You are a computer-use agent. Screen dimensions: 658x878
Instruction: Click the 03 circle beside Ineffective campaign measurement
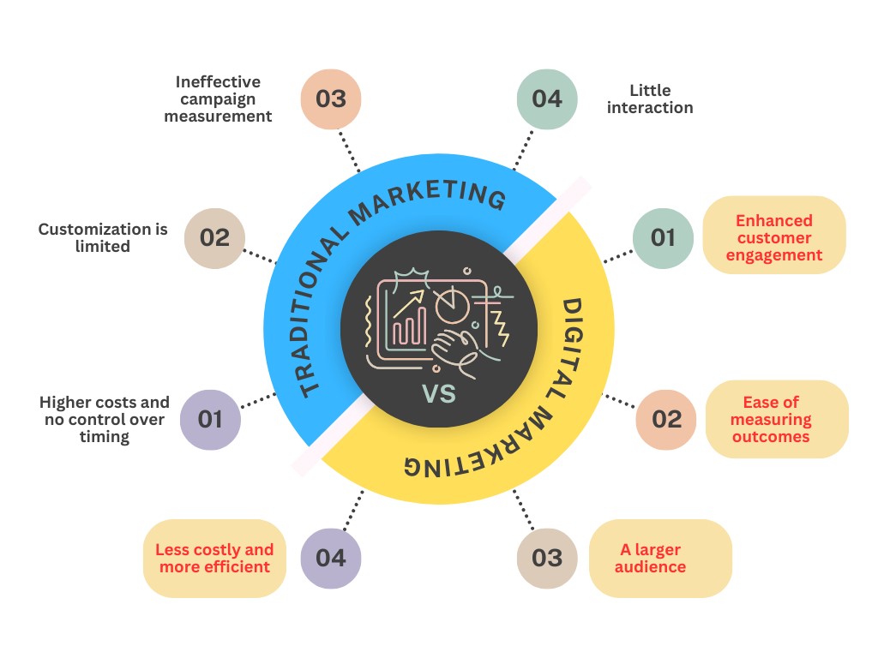(331, 99)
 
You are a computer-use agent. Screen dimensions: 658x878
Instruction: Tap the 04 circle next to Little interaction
(546, 99)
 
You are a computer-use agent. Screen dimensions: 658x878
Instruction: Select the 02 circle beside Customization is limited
(214, 237)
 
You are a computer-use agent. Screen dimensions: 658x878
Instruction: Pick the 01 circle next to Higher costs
(210, 419)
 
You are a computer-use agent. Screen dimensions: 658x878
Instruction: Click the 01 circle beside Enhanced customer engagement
(663, 237)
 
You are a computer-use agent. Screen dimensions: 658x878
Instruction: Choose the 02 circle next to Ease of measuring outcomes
(666, 419)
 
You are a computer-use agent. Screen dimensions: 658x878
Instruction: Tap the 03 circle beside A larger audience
(546, 558)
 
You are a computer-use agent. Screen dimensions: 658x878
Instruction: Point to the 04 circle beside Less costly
(331, 558)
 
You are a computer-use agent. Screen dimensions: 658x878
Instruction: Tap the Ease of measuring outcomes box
(777, 419)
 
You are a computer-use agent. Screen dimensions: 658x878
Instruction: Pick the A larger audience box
(660, 558)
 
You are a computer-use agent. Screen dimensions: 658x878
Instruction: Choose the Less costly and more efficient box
(214, 558)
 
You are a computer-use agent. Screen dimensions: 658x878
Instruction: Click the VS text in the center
(439, 394)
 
